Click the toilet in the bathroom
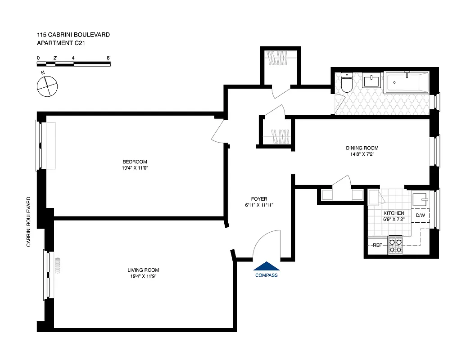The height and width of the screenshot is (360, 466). [x=346, y=83]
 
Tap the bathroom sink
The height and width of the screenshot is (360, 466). [x=371, y=81]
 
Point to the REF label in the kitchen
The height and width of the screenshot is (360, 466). [x=377, y=245]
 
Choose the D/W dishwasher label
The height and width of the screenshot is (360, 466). [x=420, y=215]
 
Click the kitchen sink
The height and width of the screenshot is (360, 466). [x=421, y=198]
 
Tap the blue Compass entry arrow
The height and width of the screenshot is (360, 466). [x=266, y=266]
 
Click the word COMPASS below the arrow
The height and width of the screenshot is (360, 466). [x=266, y=275]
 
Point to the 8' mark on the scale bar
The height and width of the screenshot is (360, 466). [x=109, y=58]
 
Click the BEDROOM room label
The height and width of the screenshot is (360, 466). [x=135, y=162]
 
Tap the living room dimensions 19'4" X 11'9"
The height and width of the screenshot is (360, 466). [x=141, y=276]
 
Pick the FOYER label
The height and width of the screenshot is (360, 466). [x=259, y=199]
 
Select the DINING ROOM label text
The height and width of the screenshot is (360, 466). [x=362, y=148]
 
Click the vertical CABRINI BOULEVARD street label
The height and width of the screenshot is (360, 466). [x=29, y=221]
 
